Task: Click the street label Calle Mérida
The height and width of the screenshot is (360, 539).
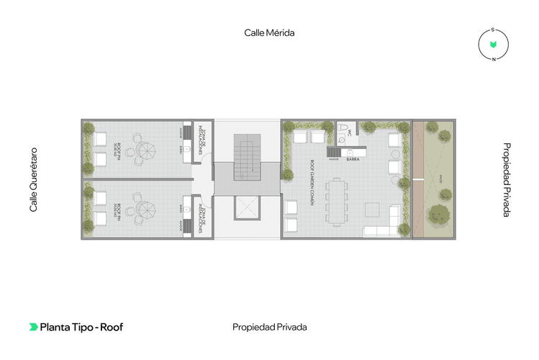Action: [x=270, y=32]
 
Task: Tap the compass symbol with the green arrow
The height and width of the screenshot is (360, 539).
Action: [x=493, y=45]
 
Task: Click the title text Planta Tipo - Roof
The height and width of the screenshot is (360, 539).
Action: [x=81, y=327]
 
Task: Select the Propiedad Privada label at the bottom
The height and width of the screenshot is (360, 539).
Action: [x=269, y=327]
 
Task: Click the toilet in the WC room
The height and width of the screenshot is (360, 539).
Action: [x=345, y=131]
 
